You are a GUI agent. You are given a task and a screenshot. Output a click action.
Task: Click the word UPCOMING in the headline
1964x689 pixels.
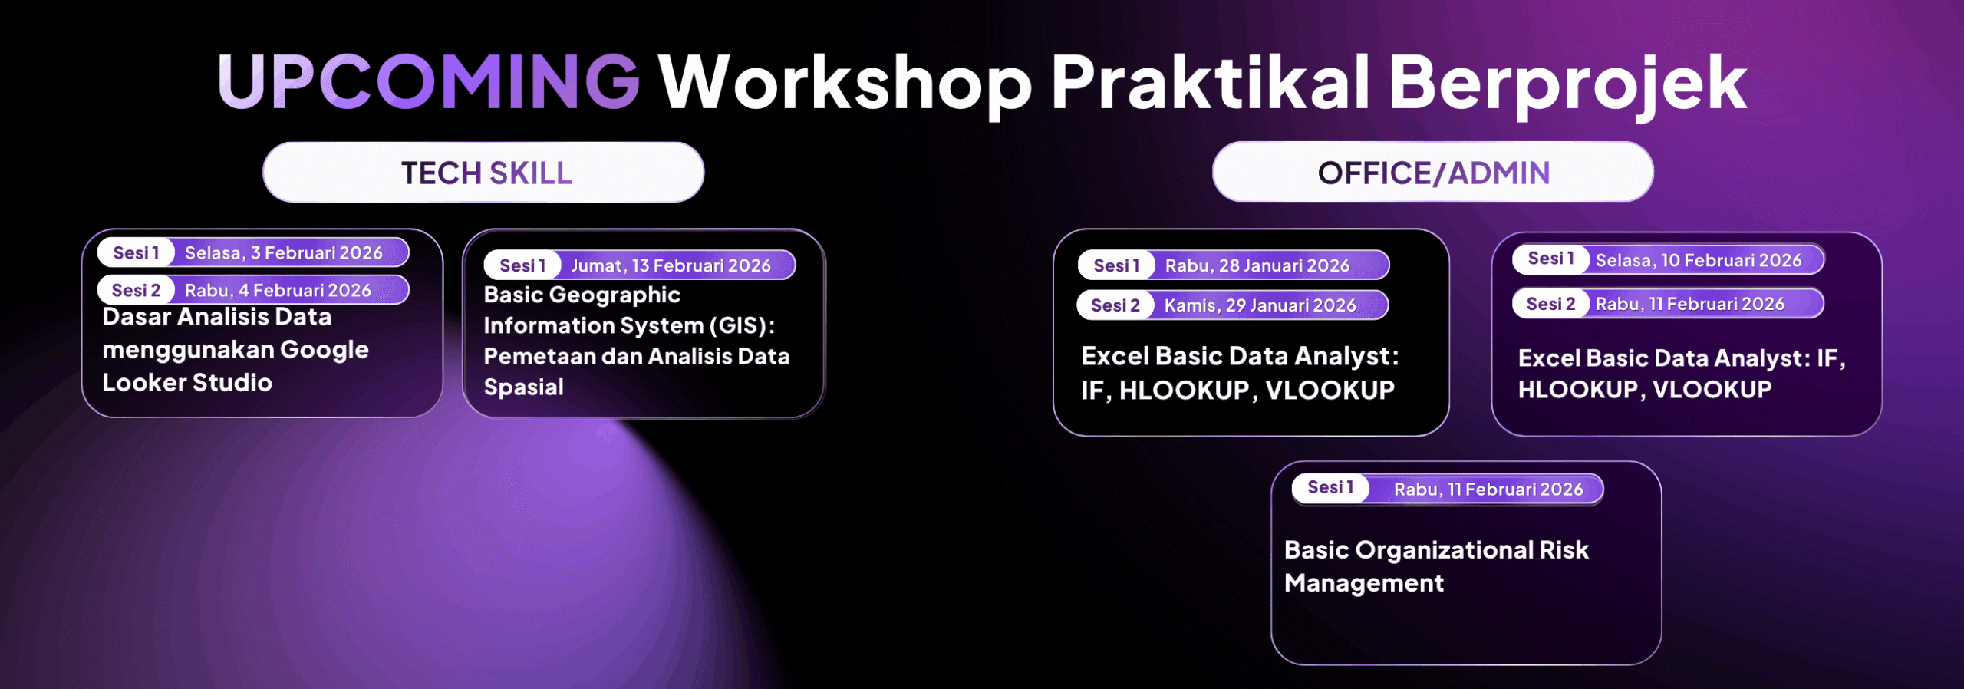pos(428,81)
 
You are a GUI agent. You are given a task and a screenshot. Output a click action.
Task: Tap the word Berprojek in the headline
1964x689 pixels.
pos(1567,84)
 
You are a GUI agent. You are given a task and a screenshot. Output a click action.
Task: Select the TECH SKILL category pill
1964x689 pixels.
pos(483,173)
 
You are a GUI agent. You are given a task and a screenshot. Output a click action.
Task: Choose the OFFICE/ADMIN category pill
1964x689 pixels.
pos(1432,173)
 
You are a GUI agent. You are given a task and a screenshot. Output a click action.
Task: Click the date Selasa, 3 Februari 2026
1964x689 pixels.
pos(284,253)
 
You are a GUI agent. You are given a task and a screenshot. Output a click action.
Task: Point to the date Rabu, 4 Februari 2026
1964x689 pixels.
pos(278,291)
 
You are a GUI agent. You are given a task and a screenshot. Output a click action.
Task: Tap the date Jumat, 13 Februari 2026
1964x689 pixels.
pos(671,265)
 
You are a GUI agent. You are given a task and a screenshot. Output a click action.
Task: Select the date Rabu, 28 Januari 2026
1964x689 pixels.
pos(1257,265)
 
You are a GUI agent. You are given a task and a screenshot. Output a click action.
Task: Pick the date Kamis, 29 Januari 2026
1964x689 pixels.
pos(1260,305)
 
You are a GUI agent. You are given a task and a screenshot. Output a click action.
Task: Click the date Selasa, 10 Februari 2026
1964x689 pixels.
pos(1699,260)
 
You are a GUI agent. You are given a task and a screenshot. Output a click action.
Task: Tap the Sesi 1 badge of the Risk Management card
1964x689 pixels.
pos(1330,488)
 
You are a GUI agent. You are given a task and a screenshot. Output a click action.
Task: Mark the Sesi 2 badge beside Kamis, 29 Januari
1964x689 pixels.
pos(1115,305)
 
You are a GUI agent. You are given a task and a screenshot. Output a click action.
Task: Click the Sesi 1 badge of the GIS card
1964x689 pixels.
pos(522,265)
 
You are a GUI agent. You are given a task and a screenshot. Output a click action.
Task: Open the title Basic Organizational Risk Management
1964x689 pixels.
pos(1436,566)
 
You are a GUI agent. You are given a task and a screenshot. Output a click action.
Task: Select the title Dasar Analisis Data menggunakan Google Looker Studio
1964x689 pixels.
pos(236,350)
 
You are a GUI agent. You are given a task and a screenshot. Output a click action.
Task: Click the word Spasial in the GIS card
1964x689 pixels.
pos(524,387)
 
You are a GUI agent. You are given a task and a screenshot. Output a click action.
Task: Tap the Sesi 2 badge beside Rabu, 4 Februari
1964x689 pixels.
pos(136,291)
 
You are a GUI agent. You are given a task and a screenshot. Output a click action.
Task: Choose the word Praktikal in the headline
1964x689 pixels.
pos(1211,81)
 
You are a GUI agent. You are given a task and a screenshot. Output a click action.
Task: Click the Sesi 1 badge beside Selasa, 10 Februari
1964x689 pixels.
pos(1550,259)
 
